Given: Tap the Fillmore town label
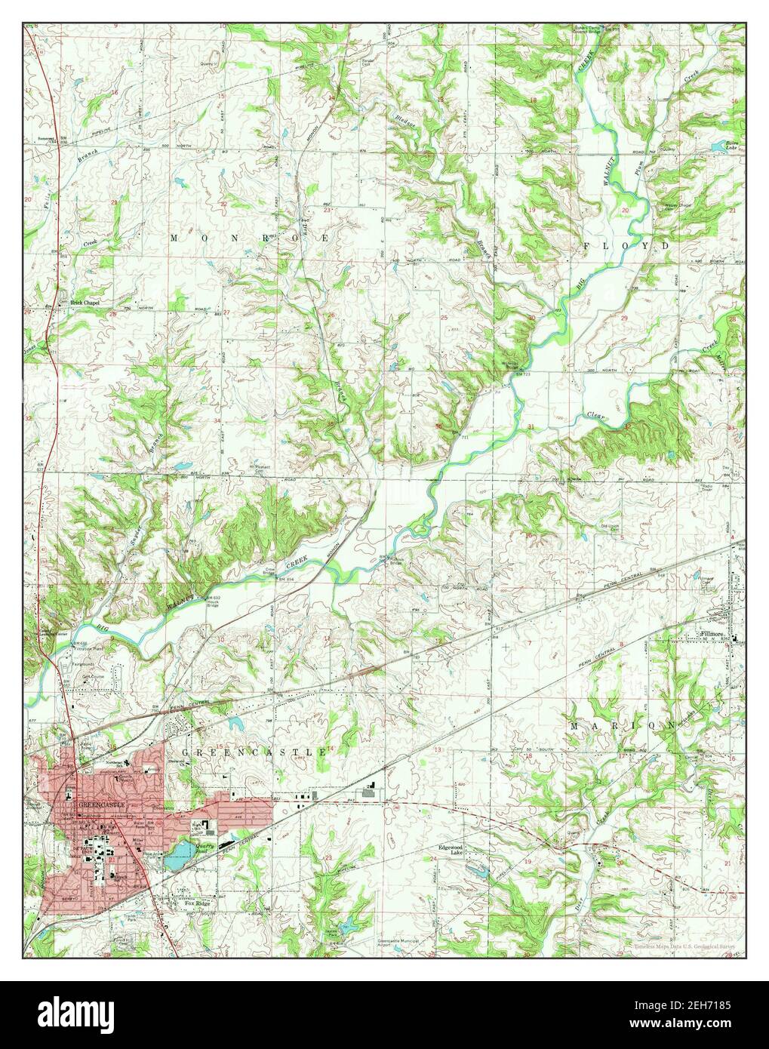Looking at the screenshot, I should (714, 635).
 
